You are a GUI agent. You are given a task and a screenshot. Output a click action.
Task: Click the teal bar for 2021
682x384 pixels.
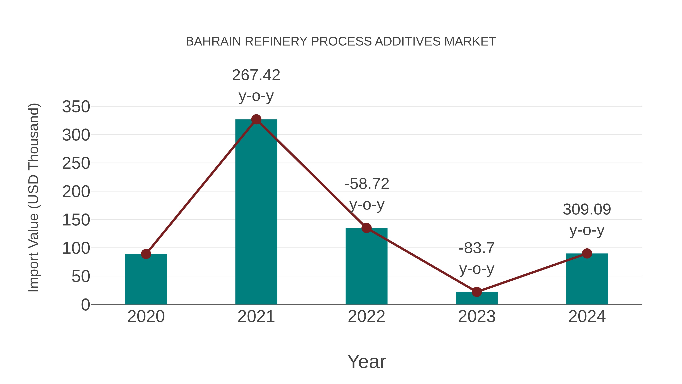click(x=256, y=212)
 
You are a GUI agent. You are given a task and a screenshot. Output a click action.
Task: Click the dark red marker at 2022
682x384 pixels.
click(x=366, y=228)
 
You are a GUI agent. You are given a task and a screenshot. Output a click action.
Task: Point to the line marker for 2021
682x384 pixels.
click(x=256, y=119)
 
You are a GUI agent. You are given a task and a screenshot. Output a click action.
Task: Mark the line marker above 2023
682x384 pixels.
click(x=477, y=292)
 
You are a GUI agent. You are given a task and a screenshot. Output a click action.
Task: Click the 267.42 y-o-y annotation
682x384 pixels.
click(x=256, y=85)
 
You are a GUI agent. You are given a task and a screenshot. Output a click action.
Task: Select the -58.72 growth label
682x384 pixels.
click(x=367, y=194)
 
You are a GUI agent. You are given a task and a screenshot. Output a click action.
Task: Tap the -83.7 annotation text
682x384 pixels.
click(x=477, y=258)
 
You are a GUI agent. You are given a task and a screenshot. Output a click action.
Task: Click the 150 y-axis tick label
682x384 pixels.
click(x=76, y=220)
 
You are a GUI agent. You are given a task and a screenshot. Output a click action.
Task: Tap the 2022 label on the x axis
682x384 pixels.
click(x=366, y=316)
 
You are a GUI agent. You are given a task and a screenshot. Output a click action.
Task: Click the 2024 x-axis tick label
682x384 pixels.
click(x=587, y=316)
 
